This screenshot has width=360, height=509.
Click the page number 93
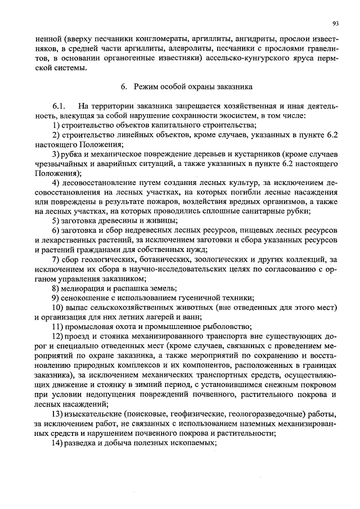click(335, 23)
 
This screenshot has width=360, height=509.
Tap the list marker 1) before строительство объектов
click(57, 125)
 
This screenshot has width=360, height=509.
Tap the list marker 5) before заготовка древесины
click(57, 221)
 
